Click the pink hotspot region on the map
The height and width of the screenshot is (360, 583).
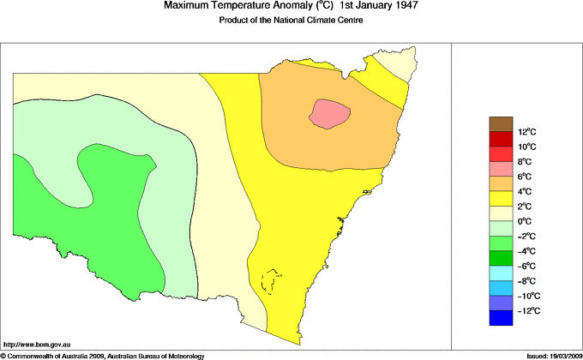click(330, 113)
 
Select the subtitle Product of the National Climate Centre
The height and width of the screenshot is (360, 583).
click(291, 21)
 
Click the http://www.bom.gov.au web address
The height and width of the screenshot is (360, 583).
click(36, 343)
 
